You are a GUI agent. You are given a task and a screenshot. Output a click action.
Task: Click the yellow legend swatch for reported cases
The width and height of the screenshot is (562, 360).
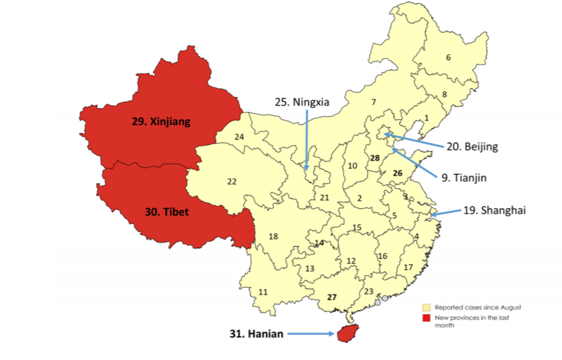click(x=426, y=306)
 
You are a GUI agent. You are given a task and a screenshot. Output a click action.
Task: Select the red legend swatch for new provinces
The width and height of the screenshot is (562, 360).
click(x=426, y=318)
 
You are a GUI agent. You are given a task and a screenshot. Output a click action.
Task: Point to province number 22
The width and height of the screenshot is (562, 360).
click(x=231, y=181)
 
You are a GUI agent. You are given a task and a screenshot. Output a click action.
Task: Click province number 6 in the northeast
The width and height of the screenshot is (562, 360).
click(x=448, y=57)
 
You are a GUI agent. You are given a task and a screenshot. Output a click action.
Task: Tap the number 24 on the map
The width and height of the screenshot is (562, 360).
click(x=239, y=137)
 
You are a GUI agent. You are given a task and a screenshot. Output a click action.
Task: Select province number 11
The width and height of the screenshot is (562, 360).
click(x=263, y=292)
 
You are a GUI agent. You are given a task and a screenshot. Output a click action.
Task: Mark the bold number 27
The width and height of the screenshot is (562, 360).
click(x=332, y=297)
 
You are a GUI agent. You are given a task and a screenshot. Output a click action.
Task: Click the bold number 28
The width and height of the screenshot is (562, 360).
click(x=374, y=158)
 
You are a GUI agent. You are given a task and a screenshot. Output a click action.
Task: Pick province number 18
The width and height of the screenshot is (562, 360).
click(x=273, y=237)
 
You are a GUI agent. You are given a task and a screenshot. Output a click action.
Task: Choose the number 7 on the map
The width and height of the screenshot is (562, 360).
click(x=374, y=102)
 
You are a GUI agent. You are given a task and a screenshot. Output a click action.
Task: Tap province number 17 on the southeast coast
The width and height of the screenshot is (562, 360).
click(x=408, y=267)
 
